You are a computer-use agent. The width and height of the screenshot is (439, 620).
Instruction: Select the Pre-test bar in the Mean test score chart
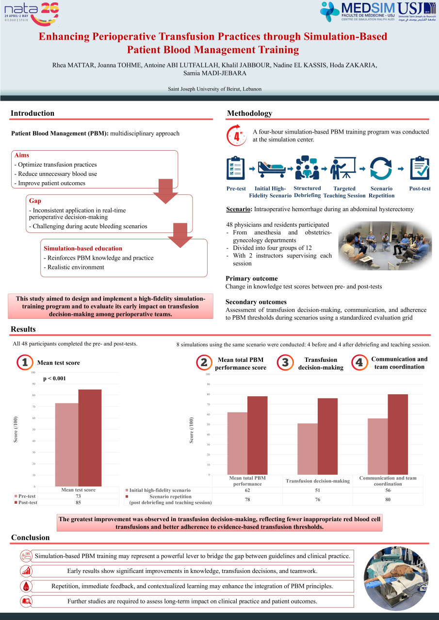coord(66,444)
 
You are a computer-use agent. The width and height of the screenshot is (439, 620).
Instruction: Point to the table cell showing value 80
coord(388,499)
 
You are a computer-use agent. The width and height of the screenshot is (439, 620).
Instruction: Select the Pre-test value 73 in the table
coord(78,496)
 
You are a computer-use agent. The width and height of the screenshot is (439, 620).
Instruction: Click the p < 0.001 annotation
coord(54,379)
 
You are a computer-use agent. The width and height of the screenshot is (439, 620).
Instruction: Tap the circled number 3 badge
coord(285,363)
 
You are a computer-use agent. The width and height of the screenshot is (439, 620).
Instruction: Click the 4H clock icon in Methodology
coord(237,136)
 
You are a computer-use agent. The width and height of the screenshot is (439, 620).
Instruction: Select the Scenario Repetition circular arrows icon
coord(381,169)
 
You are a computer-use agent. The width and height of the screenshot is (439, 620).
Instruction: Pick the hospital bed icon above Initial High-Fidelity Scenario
coord(271,169)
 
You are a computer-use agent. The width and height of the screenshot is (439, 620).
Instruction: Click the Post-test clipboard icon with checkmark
coord(420,168)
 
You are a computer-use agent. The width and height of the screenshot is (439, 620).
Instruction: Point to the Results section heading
coord(23,329)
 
